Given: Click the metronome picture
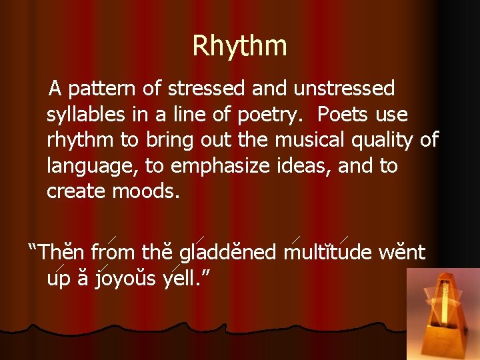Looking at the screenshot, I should click(443, 313).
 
